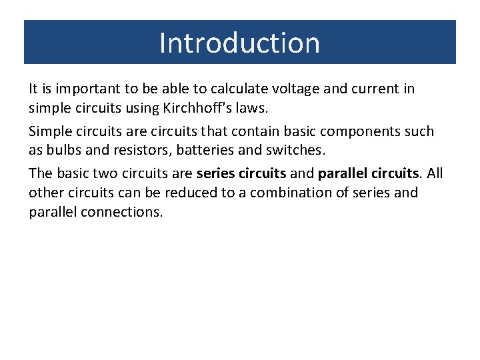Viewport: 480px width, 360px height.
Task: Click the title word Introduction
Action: point(239,43)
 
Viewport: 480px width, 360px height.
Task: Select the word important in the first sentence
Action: point(83,88)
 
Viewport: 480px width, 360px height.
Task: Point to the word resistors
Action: point(136,151)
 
